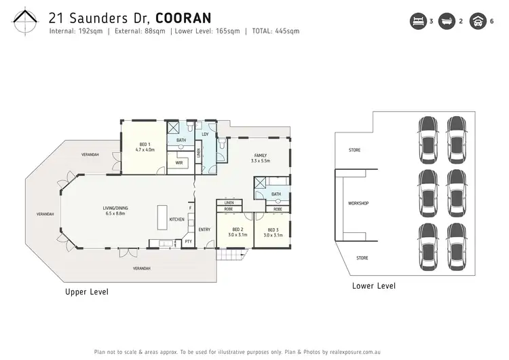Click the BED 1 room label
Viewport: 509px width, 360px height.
click(144, 145)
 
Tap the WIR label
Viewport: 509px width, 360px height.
click(180, 163)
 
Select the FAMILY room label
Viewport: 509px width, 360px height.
click(261, 156)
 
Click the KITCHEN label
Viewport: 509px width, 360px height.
click(176, 219)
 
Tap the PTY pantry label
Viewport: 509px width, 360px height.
click(188, 241)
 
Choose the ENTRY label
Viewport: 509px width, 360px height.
click(204, 229)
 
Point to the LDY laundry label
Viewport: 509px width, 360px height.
click(206, 134)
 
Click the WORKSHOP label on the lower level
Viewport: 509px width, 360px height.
click(358, 203)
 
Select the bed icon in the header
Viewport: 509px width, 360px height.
click(416, 21)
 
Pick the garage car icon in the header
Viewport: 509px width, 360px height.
click(478, 21)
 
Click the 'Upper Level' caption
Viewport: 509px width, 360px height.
click(86, 292)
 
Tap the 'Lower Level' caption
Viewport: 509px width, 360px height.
click(374, 286)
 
